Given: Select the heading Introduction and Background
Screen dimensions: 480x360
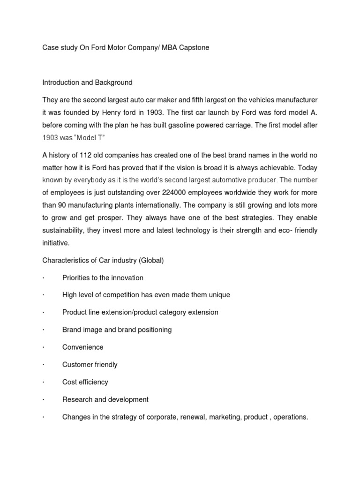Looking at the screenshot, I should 87,82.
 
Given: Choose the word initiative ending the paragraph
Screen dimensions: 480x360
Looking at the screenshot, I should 56,243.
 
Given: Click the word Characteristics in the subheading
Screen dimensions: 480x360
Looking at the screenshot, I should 65,261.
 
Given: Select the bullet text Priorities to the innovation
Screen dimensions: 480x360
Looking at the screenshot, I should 103,278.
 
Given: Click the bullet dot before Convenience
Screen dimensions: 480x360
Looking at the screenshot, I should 43,347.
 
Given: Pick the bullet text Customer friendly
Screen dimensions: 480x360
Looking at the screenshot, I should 90,365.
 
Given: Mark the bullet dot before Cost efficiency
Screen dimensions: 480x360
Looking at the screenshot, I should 43,382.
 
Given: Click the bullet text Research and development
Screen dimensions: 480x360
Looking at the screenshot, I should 105,399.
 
